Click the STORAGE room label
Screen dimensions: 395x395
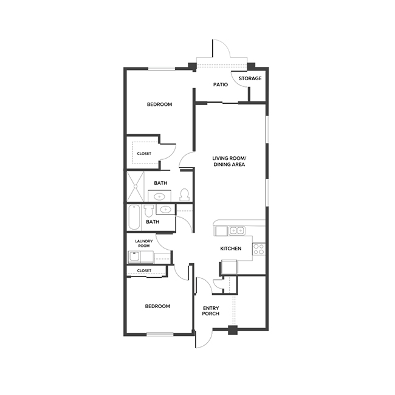[x=250, y=79]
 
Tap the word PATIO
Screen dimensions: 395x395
[x=220, y=84]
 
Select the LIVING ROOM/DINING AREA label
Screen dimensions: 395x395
[x=228, y=161]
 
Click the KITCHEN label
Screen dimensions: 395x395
[x=231, y=249]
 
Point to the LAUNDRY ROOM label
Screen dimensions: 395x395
[x=143, y=243]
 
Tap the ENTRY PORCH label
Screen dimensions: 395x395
[x=210, y=311]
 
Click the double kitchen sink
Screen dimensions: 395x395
[x=236, y=230]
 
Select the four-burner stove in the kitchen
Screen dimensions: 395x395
[x=259, y=249]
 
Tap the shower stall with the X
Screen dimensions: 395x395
[x=136, y=187]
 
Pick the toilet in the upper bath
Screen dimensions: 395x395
[x=185, y=195]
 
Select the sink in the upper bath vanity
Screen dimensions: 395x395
[x=159, y=196]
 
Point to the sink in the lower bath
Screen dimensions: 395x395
[x=165, y=210]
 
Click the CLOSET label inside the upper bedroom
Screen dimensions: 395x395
[x=144, y=154]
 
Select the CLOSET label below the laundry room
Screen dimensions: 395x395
[x=144, y=270]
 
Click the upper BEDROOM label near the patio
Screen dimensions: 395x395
[x=159, y=105]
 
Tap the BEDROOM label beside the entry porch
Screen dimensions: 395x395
[x=157, y=306]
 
